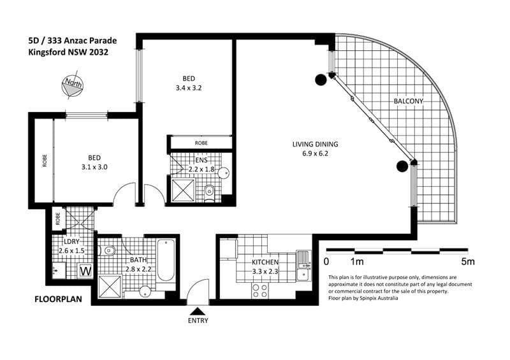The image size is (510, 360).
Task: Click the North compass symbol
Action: pos(72,85)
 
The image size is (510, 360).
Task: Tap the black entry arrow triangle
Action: pos(198,312)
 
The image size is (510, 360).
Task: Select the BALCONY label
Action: pos(408,101)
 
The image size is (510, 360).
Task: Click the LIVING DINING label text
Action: pos(315,144)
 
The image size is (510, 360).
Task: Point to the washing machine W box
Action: pos(85,271)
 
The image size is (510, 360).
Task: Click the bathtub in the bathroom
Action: pos(166,261)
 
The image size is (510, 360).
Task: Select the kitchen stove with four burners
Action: pos(260,291)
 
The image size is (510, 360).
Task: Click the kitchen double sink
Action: pos(303,266)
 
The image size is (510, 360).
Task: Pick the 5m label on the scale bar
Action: pos(468,261)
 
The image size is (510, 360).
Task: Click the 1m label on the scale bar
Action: pos(357,261)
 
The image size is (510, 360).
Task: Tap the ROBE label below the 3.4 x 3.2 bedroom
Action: pos(201,143)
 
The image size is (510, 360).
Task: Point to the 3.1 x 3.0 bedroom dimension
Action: pos(94,167)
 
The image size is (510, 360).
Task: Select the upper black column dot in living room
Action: pos(321,80)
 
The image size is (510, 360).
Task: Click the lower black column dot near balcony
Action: pos(402,166)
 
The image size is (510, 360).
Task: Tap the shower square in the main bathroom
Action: pos(110,287)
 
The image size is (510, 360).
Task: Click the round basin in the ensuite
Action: pos(224,173)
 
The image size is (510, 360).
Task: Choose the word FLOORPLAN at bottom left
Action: pos(58,299)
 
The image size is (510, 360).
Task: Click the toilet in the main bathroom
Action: pos(107,250)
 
